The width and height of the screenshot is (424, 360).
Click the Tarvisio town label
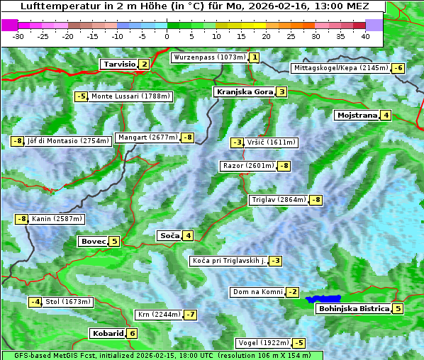pyautogui.click(x=119, y=64)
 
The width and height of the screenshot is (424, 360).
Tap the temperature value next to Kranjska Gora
pyautogui.click(x=281, y=91)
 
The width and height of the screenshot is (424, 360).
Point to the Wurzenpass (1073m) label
pyautogui.click(x=210, y=57)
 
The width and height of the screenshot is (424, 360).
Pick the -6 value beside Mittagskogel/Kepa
pyautogui.click(x=399, y=68)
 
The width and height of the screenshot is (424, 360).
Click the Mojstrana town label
pyautogui.click(x=357, y=115)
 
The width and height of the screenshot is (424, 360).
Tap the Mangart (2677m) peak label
pyautogui.click(x=148, y=137)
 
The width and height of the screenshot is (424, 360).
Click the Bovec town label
pyautogui.click(x=93, y=241)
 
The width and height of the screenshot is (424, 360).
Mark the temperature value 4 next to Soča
pyautogui.click(x=188, y=235)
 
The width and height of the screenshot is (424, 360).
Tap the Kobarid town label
pyautogui.click(x=107, y=333)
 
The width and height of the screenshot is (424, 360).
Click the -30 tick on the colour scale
pyautogui.click(x=19, y=36)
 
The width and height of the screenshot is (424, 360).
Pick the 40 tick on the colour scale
pyautogui.click(x=365, y=36)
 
